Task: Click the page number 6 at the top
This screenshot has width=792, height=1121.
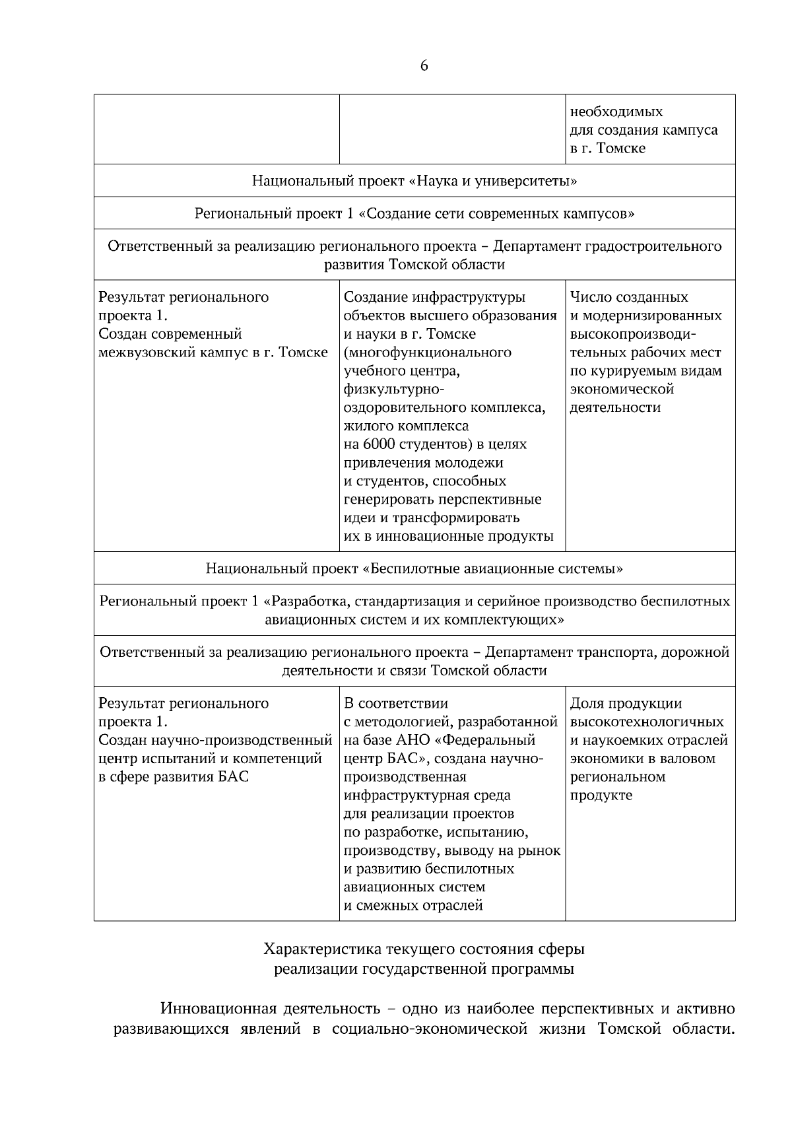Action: [x=424, y=66]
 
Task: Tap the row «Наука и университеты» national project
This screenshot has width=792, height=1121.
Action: [x=414, y=181]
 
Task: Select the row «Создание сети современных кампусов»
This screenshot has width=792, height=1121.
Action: [x=414, y=214]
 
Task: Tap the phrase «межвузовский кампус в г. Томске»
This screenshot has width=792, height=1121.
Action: [x=213, y=353]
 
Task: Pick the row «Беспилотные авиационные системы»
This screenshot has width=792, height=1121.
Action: [x=414, y=568]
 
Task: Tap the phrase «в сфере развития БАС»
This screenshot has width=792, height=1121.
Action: [x=174, y=777]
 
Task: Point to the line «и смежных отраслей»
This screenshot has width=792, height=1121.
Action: [x=413, y=906]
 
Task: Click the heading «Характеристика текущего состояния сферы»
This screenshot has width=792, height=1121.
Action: [x=424, y=950]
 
